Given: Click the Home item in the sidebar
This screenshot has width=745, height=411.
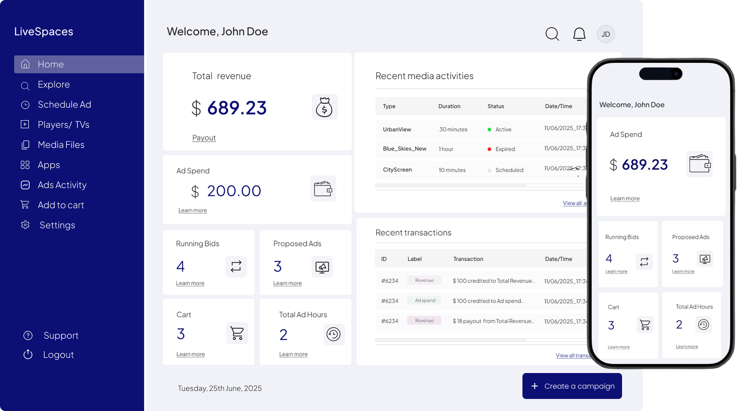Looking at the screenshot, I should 51,64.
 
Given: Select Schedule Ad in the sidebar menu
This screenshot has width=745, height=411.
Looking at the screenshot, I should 64,104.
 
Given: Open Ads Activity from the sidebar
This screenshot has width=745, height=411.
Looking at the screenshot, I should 62,185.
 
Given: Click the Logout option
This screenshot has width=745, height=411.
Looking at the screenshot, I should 58,355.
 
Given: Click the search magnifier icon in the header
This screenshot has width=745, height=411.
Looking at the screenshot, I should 552,34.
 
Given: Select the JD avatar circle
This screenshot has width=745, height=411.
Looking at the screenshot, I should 606,34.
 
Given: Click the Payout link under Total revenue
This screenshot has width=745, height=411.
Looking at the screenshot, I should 204,138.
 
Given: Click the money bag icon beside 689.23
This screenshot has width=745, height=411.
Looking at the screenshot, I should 324,107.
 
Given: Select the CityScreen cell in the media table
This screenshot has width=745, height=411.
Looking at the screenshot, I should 397,170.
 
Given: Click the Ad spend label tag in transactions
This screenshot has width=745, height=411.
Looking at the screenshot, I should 425,300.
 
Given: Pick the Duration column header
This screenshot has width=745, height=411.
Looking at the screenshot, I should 449,106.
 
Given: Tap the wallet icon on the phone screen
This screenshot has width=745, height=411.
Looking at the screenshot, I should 699,164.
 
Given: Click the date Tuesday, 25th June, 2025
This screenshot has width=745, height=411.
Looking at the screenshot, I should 219,388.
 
